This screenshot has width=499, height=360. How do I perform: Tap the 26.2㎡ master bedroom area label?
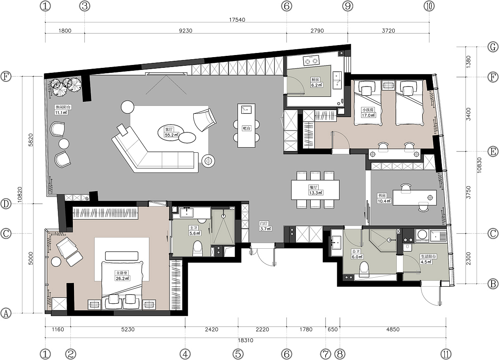pos(122,278)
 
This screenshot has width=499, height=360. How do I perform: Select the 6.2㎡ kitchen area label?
pos(317,85)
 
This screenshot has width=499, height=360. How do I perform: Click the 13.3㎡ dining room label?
pos(316,193)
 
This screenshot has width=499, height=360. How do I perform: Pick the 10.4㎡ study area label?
pos(384,201)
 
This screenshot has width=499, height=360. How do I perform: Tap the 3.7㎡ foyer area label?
pos(266,229)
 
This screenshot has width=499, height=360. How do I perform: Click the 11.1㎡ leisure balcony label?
pos(61,113)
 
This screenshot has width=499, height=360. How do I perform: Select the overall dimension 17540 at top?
pos(237,19)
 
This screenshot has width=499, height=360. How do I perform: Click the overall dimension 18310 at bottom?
pos(245,340)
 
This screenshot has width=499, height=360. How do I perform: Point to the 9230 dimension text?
pos(185,31)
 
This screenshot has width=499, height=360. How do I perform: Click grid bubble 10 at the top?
pos(429,6)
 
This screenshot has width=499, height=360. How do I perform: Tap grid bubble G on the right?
pos(492,47)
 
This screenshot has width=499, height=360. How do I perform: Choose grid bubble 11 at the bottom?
pos(446,354)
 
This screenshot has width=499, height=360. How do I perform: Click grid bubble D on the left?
pos(6,204)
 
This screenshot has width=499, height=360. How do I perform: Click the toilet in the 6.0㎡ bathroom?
pos(364,269)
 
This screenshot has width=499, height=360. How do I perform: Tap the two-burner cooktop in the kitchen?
pos(311,60)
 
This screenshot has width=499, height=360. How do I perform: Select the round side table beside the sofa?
pos(208,161)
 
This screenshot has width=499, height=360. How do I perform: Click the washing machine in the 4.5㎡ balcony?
pos(422,235)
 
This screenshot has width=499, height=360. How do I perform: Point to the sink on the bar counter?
pos(246,109)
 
